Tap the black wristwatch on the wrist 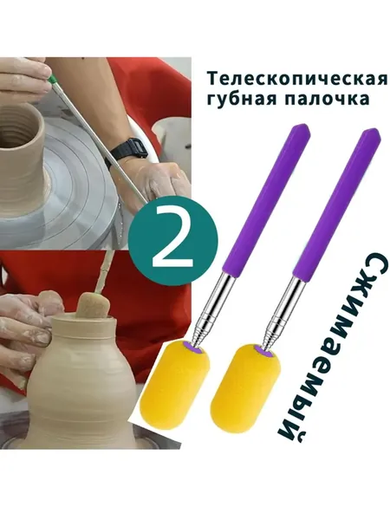[128, 152]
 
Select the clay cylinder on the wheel [22, 155]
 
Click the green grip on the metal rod [51, 80]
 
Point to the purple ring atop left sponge [192, 348]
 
